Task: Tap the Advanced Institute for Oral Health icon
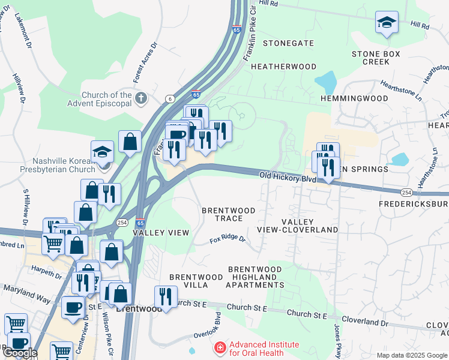click(x=220, y=349)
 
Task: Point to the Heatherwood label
click(x=284, y=66)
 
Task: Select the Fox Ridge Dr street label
click(x=228, y=239)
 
